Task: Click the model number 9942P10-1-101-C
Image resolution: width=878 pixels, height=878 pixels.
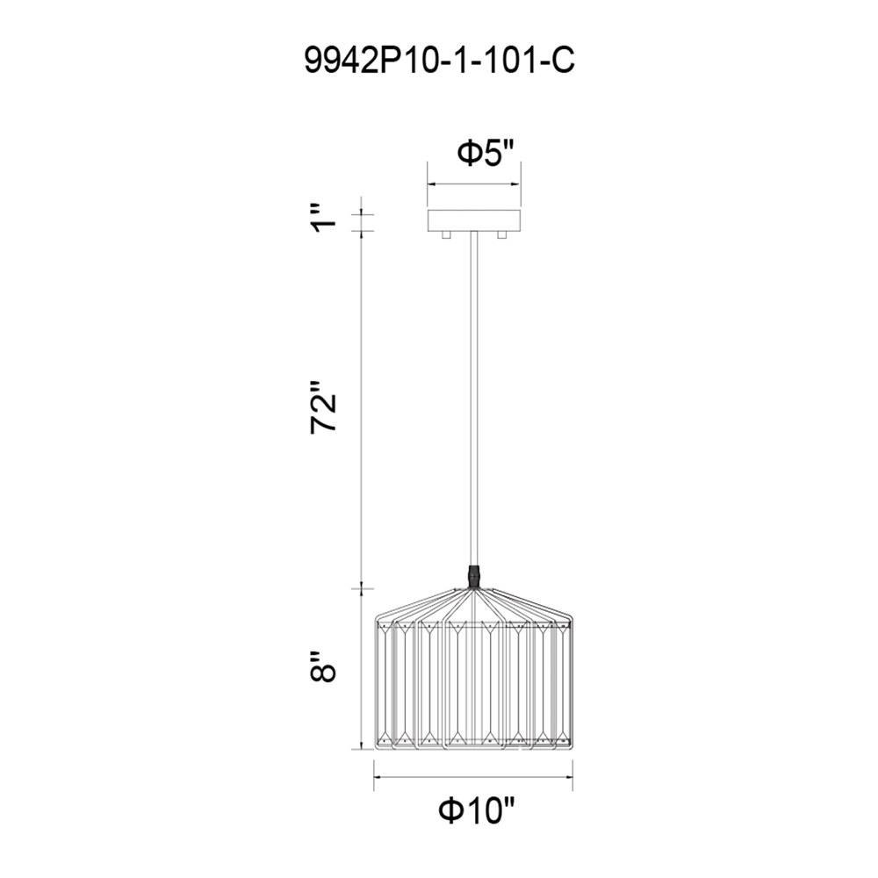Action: (439, 60)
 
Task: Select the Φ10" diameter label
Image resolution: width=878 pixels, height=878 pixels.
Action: (477, 810)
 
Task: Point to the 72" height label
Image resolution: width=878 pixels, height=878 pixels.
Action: (323, 407)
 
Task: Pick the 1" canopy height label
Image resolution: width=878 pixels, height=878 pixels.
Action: (324, 218)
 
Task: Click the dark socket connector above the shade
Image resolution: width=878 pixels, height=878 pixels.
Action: (475, 577)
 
